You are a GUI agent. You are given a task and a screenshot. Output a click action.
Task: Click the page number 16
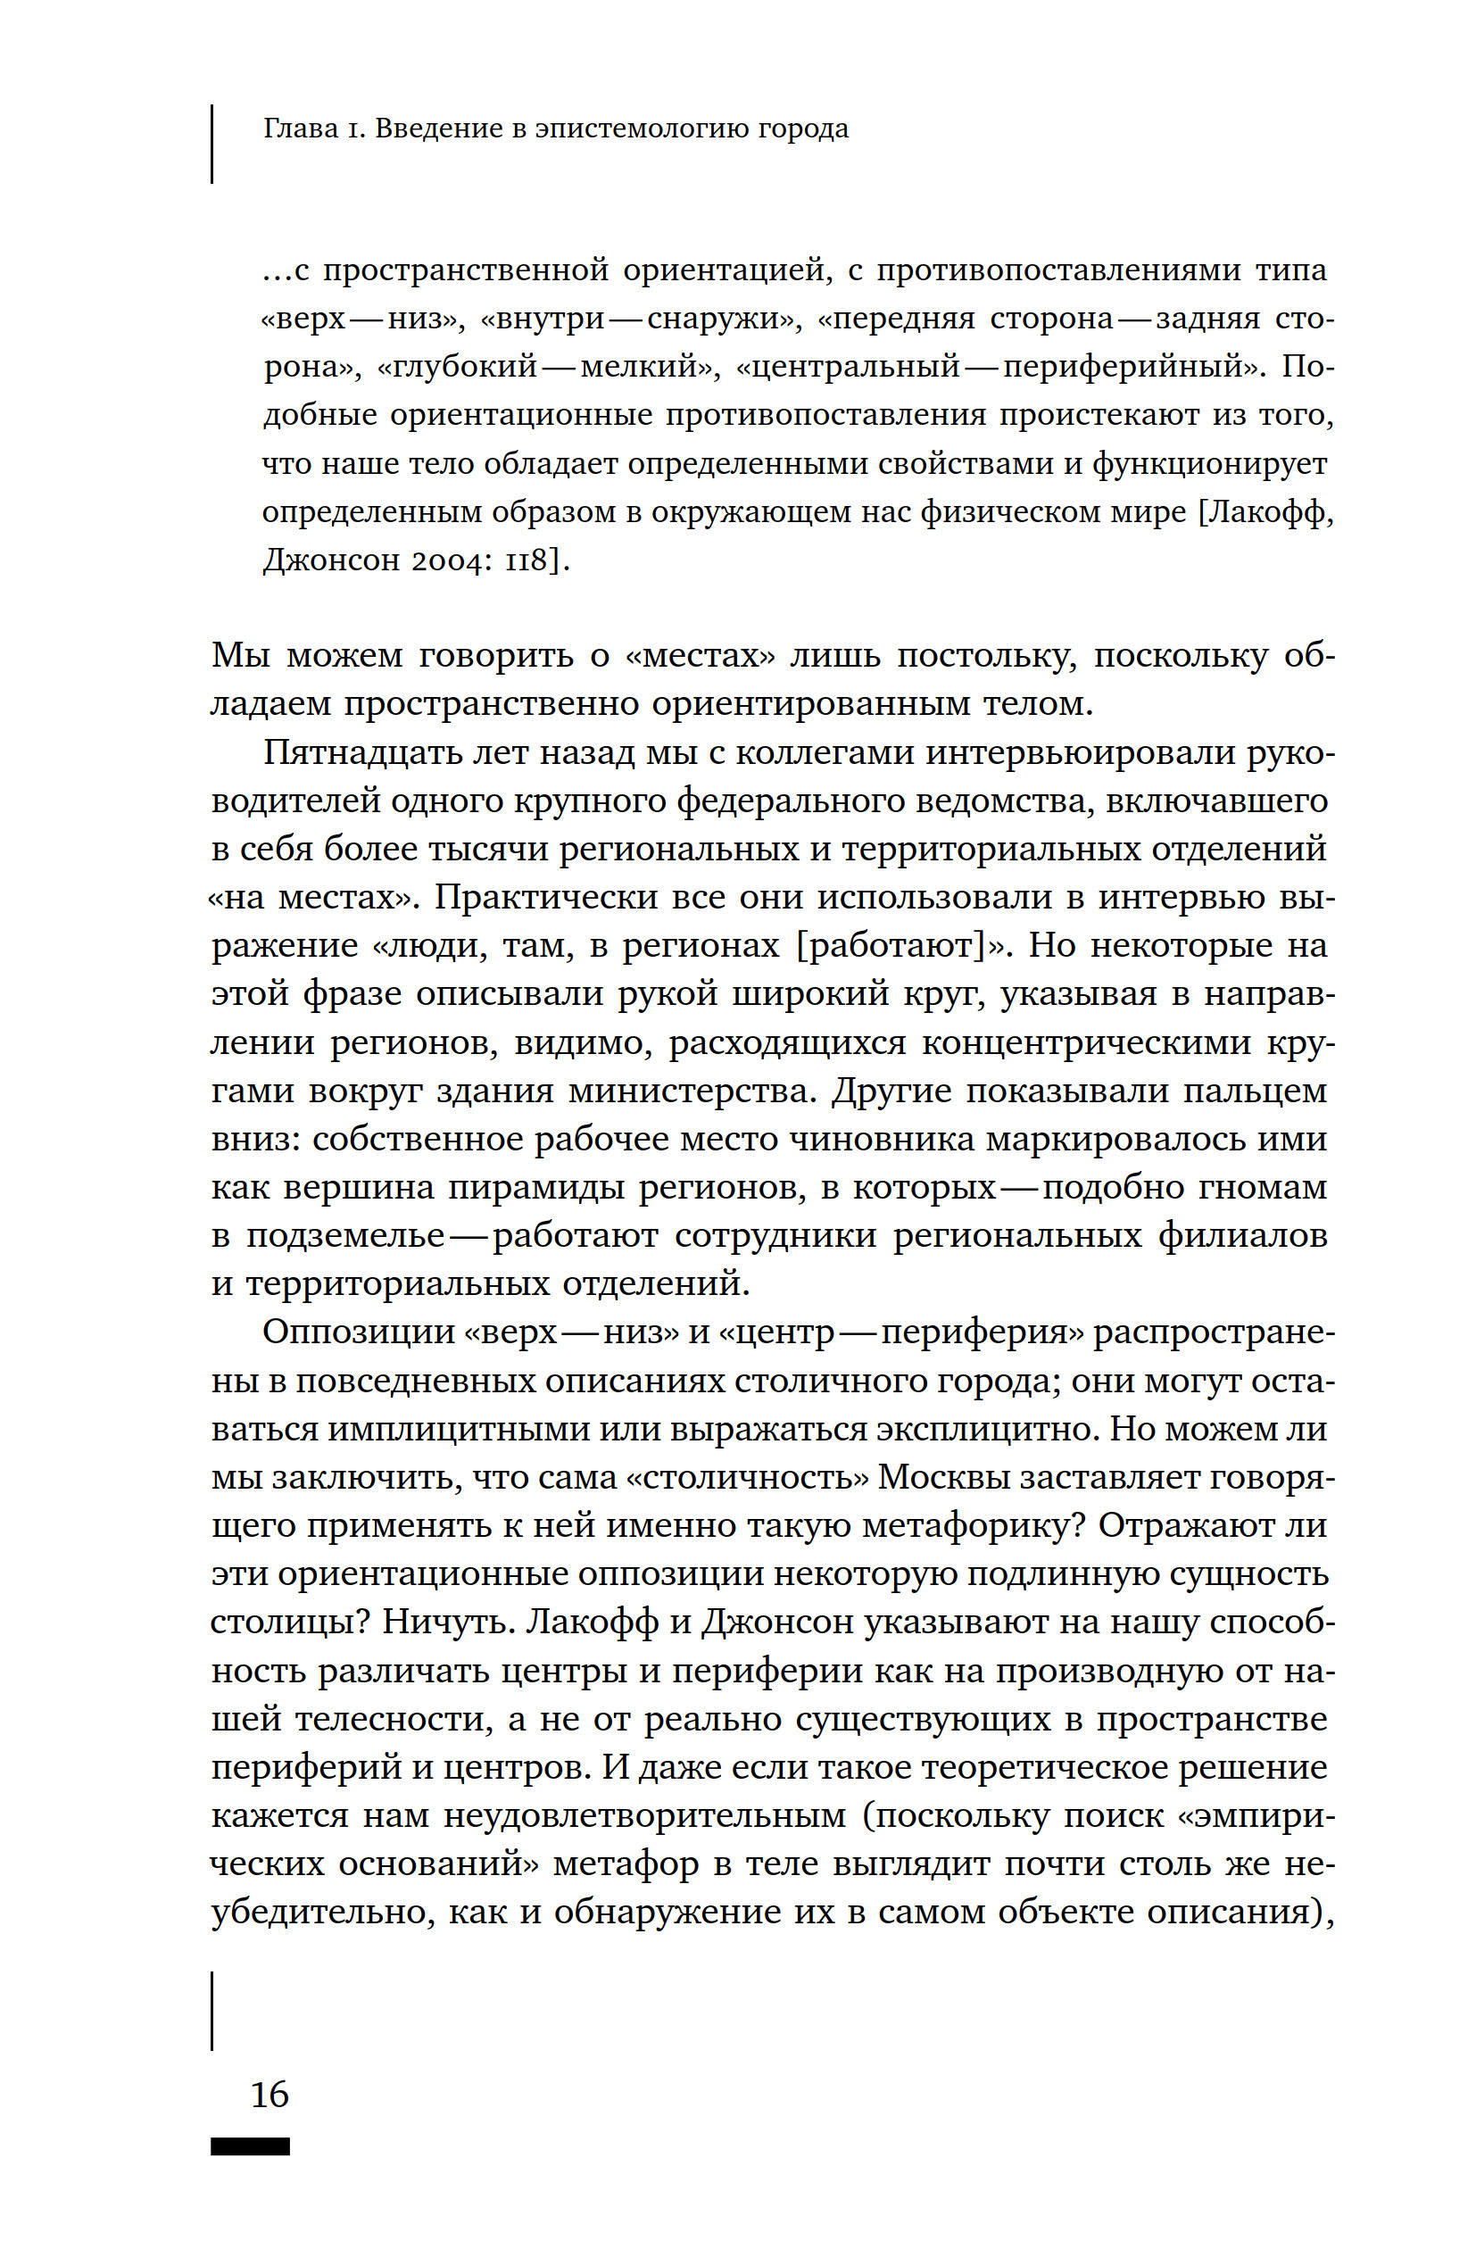[269, 2095]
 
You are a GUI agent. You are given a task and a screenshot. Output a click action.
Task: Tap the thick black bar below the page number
[251, 2146]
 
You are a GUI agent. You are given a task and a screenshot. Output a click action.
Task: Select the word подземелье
[345, 1236]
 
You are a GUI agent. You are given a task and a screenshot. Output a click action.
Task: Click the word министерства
[692, 1090]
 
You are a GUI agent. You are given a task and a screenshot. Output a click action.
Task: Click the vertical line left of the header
[211, 143]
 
